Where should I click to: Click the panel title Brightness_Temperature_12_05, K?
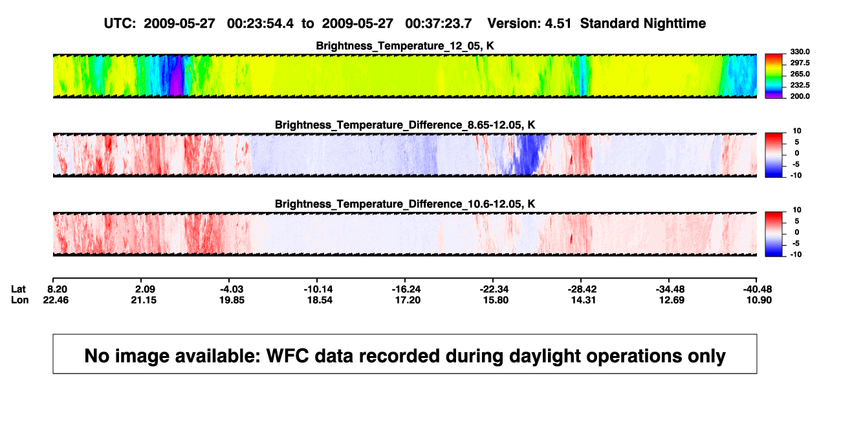405,46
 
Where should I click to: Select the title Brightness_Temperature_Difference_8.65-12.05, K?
405,125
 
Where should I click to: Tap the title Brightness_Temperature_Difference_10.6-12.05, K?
405,204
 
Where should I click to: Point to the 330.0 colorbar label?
800,52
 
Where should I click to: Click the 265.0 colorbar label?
800,74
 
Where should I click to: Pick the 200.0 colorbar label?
800,96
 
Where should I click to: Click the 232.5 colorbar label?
800,85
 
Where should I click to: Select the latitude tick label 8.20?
57,289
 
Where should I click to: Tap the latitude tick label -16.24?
406,289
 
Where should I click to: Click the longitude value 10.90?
759,300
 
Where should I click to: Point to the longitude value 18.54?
320,300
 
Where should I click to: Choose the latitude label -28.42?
582,289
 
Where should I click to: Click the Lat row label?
18,289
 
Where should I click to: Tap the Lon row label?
19,300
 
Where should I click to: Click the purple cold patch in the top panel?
176,76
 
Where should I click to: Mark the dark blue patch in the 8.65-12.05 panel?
528,154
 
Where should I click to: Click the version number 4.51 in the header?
558,23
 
